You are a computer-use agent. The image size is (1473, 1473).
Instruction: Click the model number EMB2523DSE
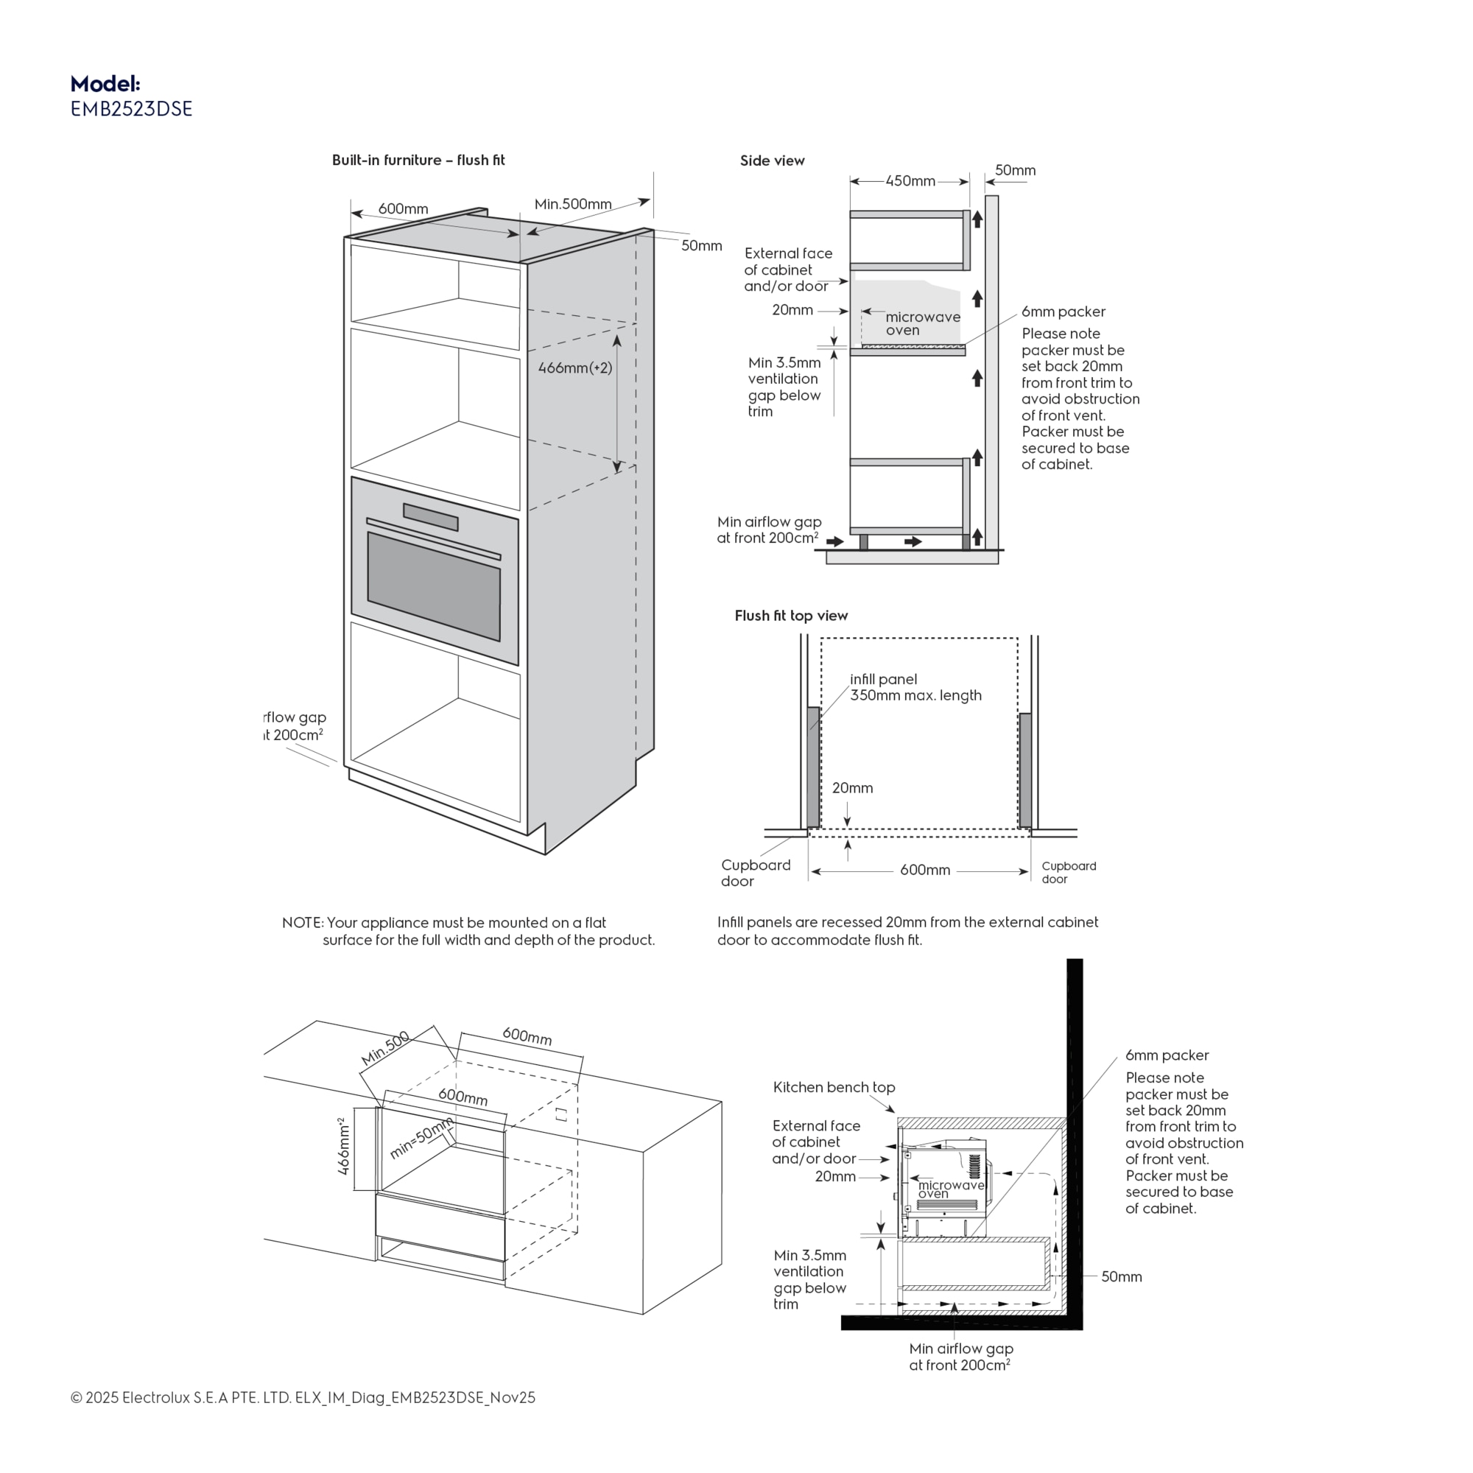click(131, 109)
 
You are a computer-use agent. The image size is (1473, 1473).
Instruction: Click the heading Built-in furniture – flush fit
click(418, 160)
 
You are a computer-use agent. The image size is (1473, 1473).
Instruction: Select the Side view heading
click(772, 161)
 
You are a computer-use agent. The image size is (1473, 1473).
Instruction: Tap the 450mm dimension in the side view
click(910, 181)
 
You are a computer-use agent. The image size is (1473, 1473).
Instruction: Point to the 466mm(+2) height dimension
click(575, 368)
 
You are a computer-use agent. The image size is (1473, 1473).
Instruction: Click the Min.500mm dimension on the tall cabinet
click(572, 204)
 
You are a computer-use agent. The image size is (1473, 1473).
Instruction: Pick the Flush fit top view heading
click(790, 615)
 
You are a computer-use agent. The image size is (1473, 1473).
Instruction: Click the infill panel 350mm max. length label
click(915, 687)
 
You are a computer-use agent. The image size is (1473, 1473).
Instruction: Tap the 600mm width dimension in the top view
click(924, 871)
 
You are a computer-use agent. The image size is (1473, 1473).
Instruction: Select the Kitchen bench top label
click(833, 1087)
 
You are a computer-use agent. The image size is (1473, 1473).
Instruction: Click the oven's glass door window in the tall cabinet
click(433, 586)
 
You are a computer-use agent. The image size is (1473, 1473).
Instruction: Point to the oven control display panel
click(431, 516)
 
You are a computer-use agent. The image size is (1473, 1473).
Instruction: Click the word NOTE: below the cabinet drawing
click(303, 923)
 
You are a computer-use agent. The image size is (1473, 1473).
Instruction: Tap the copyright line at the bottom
click(303, 1398)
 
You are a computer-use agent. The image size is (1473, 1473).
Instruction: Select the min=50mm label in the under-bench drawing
click(421, 1138)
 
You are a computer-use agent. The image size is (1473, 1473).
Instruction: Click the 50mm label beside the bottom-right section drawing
click(1121, 1276)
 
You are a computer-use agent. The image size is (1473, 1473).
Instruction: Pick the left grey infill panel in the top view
click(814, 767)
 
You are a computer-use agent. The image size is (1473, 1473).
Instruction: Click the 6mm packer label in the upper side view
click(1063, 312)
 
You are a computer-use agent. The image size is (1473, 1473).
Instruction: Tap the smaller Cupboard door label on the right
click(1068, 872)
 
